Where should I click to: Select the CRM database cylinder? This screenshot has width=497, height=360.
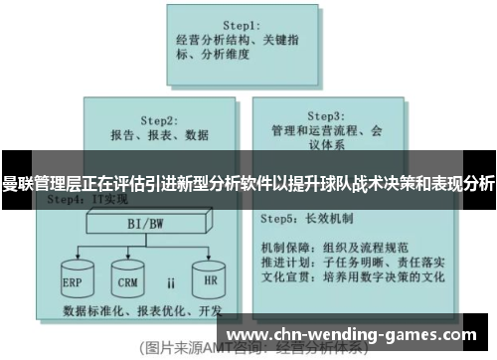(x=126, y=279)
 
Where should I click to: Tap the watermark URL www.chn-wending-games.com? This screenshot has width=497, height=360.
(x=359, y=330)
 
